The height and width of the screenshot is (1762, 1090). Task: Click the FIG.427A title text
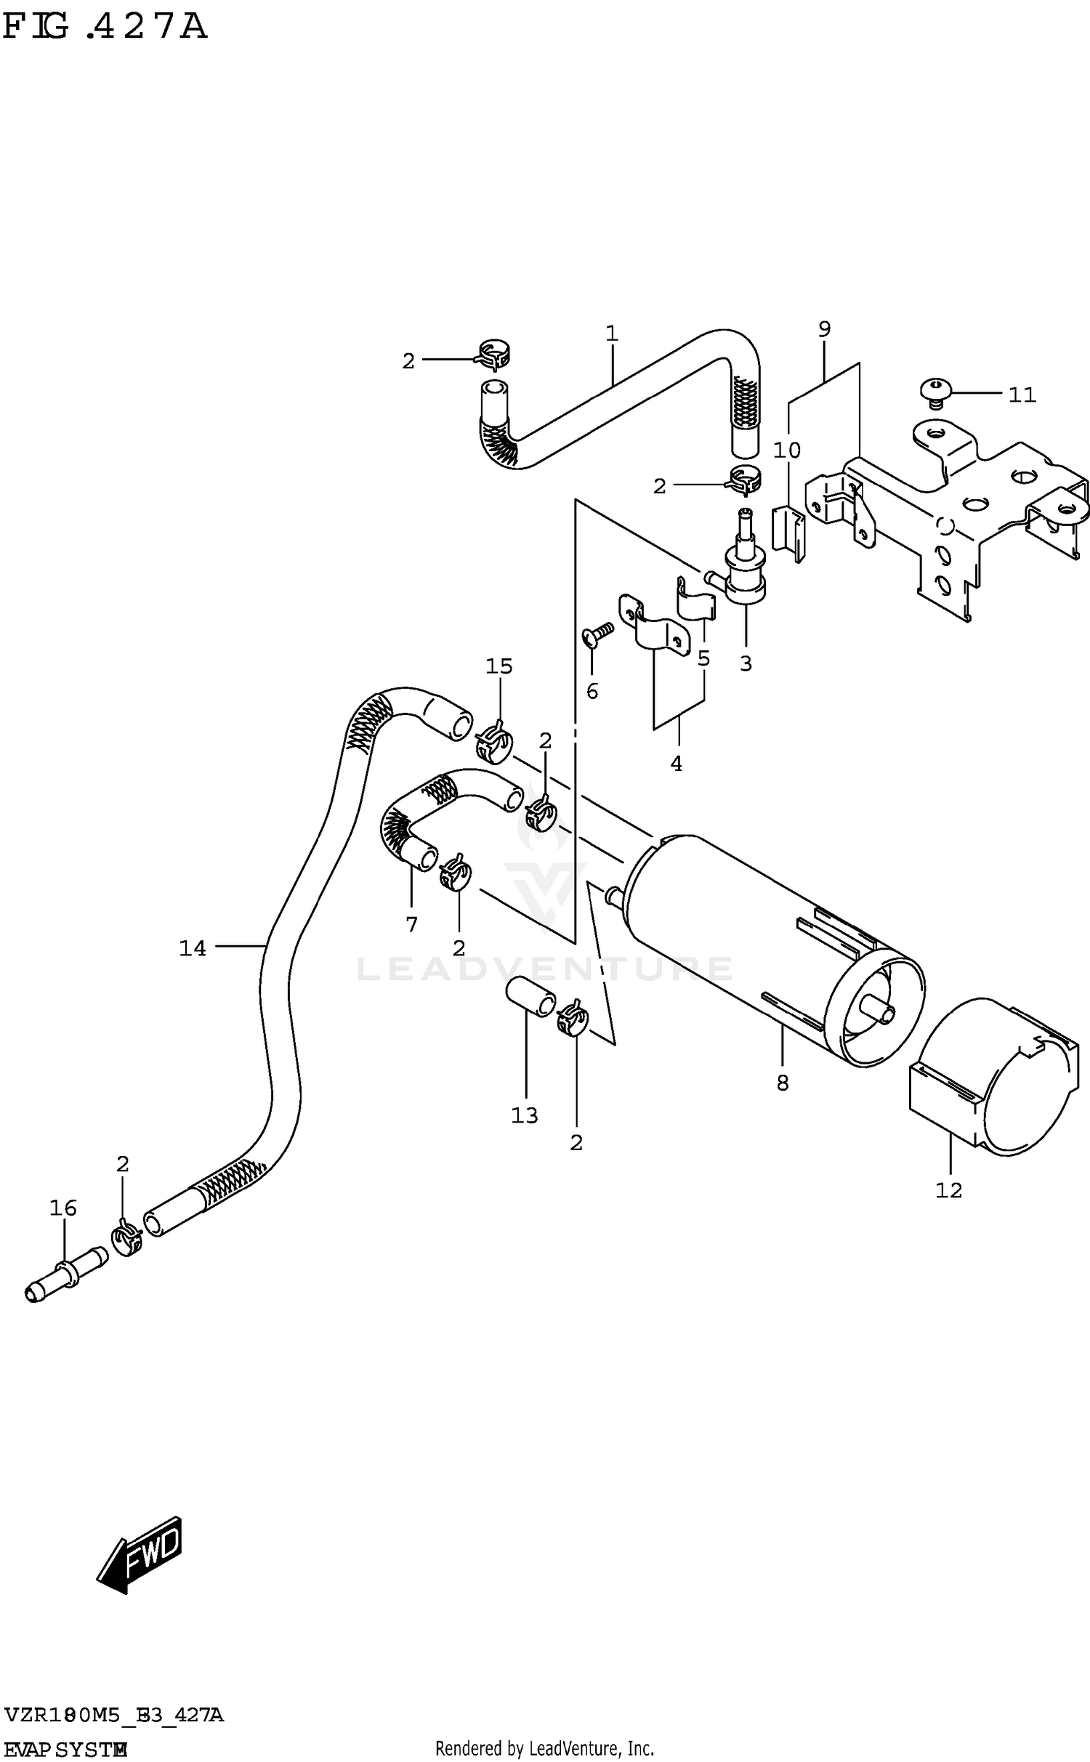[105, 28]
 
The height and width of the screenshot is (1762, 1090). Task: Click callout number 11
[1021, 395]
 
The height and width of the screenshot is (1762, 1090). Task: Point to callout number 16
[63, 1208]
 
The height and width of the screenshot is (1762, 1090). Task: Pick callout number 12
[948, 1190]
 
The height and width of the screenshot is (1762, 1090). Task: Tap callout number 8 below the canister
[782, 1083]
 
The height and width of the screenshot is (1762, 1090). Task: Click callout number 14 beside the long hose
[193, 948]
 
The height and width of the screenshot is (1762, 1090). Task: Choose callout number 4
[676, 764]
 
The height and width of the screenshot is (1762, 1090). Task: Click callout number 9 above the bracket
[824, 329]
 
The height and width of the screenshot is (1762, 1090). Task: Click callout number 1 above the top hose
[612, 334]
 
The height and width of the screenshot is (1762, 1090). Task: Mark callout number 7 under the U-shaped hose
[411, 924]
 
